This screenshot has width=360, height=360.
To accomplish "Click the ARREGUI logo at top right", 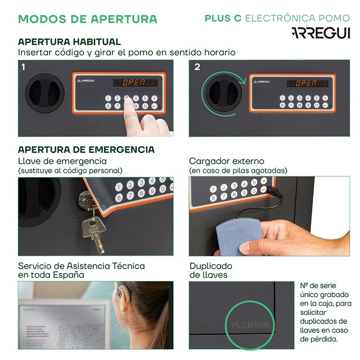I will point(320,33).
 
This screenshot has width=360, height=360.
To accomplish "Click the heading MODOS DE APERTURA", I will point(88,19).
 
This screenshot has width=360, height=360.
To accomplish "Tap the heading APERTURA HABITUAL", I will point(69,42).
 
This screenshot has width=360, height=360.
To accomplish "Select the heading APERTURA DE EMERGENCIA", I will point(86,149).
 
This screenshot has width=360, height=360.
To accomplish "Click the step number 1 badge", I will point(23,67).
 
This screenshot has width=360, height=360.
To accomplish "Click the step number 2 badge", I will point(197,67).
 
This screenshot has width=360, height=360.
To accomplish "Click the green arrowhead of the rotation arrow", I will point(243,81).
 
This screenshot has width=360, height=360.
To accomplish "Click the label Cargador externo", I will point(226,161).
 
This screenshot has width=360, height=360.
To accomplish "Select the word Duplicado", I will point(211,266).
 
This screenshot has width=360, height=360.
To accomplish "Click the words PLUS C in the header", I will point(223,18).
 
